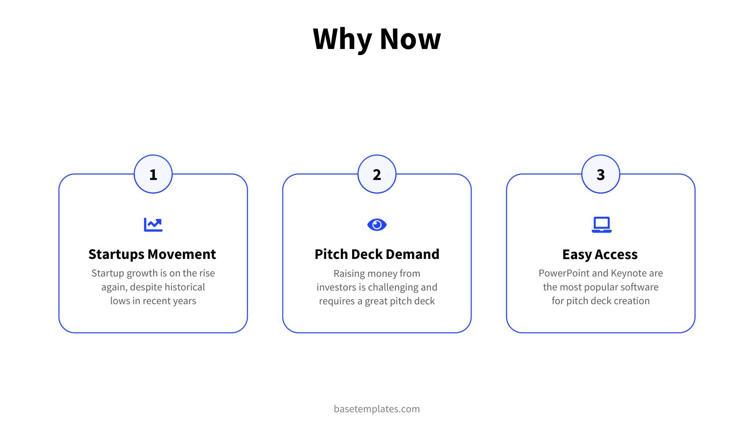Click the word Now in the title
(x=410, y=39)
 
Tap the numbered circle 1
(x=153, y=174)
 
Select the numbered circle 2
(x=377, y=174)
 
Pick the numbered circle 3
(x=601, y=174)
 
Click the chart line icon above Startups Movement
(x=153, y=225)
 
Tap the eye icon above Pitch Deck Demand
(x=377, y=225)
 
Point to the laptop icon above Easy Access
(x=601, y=225)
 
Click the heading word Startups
(x=116, y=255)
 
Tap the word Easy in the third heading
(x=577, y=255)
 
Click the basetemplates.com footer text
(x=377, y=409)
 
